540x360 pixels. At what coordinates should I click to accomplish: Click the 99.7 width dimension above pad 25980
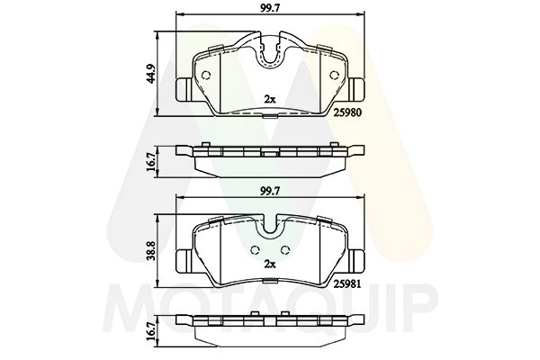(270, 8)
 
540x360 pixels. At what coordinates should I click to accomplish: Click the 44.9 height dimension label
(152, 73)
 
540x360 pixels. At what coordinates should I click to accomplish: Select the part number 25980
(346, 112)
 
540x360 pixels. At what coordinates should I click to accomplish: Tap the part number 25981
(346, 283)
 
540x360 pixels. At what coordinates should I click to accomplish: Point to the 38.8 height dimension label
(152, 250)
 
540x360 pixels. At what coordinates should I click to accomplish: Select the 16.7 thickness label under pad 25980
(152, 162)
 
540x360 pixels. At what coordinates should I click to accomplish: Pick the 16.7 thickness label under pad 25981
(152, 332)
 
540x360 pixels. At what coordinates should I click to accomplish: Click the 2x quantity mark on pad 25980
(270, 99)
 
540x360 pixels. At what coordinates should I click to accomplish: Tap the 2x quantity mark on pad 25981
(270, 265)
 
